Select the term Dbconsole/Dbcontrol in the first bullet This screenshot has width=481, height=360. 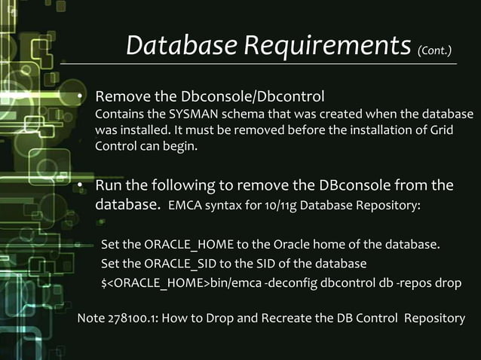[x=253, y=97]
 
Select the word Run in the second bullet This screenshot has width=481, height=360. [x=108, y=185]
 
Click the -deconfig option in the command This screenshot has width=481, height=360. [x=282, y=282]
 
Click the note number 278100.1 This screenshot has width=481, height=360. [x=127, y=318]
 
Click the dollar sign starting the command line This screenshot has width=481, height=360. [x=104, y=282]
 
